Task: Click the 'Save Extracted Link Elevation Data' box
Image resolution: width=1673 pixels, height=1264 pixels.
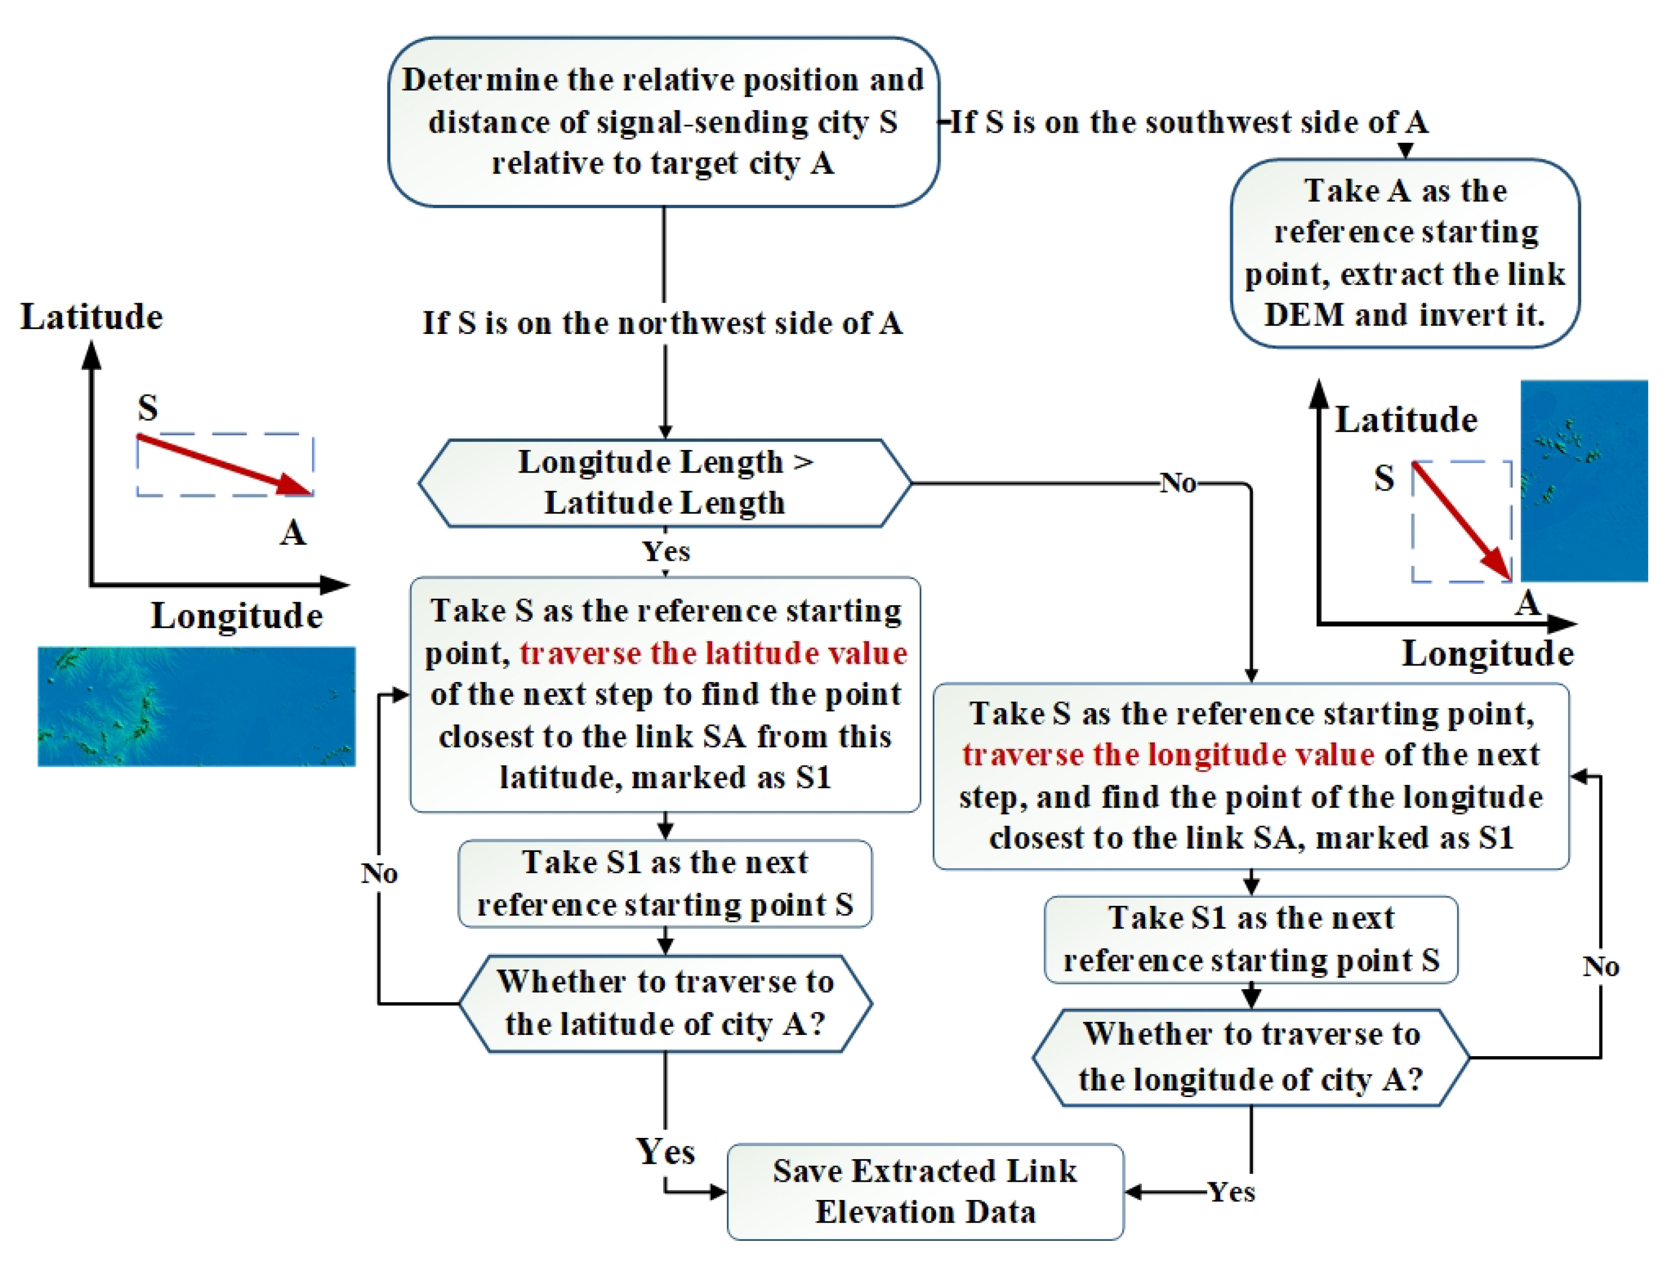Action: pos(925,1191)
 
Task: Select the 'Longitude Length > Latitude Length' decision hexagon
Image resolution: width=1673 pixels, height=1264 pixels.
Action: pos(665,483)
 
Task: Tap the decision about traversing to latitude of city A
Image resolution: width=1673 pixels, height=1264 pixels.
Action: pos(665,1003)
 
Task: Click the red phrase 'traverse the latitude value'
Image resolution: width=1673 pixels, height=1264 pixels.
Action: pos(713,653)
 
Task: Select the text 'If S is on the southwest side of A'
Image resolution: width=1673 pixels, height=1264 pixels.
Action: pos(1189,122)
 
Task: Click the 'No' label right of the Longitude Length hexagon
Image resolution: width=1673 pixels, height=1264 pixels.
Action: pos(1178,483)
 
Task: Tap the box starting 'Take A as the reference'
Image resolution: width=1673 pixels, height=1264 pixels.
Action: pos(1405,253)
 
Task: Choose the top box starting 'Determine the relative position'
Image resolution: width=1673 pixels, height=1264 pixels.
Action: pos(663,122)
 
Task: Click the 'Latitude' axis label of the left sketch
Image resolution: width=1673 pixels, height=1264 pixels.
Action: pos(91,316)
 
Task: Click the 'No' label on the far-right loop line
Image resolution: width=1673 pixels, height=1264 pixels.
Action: pos(1600,966)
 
